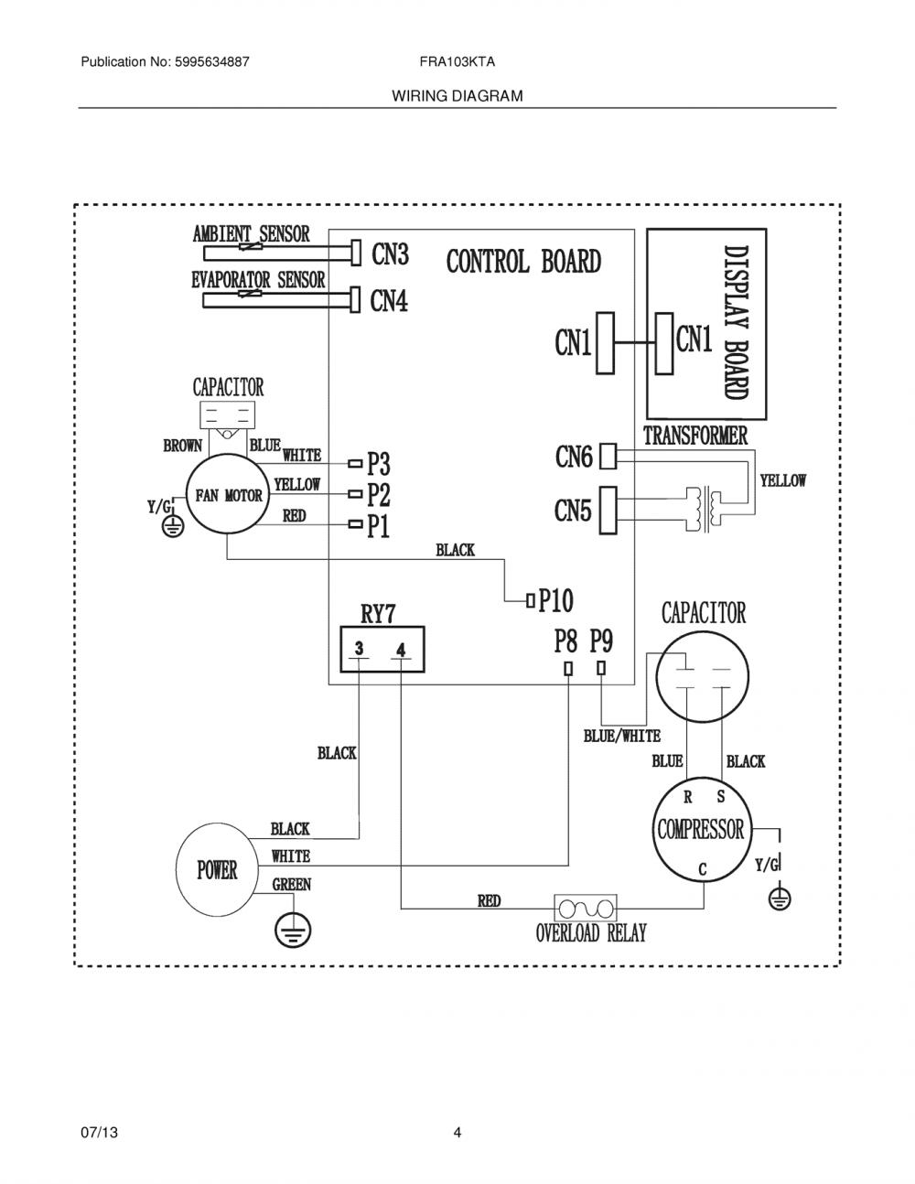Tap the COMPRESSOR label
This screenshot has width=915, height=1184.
click(x=700, y=830)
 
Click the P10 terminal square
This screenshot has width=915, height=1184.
click(x=531, y=601)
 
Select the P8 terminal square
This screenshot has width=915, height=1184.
click(x=568, y=669)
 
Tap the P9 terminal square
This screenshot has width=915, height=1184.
click(x=601, y=668)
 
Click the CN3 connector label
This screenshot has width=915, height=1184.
click(x=390, y=253)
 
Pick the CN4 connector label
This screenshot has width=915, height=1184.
click(x=389, y=301)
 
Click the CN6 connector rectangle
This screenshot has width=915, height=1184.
click(x=608, y=456)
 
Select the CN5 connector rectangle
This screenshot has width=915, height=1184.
click(x=608, y=511)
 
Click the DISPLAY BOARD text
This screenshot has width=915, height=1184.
click(x=736, y=323)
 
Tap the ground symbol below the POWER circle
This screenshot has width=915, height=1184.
click(x=294, y=930)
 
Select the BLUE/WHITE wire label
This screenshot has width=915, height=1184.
click(x=622, y=737)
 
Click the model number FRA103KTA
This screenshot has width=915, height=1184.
click(x=457, y=62)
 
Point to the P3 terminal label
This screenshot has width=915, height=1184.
click(x=379, y=464)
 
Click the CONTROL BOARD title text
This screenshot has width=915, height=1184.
click(x=524, y=262)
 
